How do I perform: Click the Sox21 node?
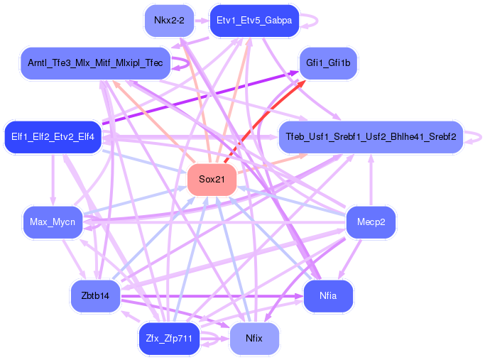[x=212, y=180]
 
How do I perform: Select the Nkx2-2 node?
[x=169, y=21]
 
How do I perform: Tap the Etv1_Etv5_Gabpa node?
[x=254, y=21]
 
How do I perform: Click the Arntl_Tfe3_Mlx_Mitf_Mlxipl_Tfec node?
[x=95, y=64]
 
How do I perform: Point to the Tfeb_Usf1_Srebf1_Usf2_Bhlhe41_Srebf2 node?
[x=370, y=136]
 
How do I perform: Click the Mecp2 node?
[x=371, y=222]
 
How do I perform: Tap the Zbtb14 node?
[x=95, y=295]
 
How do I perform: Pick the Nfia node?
[x=328, y=295]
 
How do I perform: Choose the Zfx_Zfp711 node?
[x=169, y=339]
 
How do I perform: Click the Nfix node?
[x=254, y=339]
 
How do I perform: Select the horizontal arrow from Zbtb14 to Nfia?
[x=213, y=295]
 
